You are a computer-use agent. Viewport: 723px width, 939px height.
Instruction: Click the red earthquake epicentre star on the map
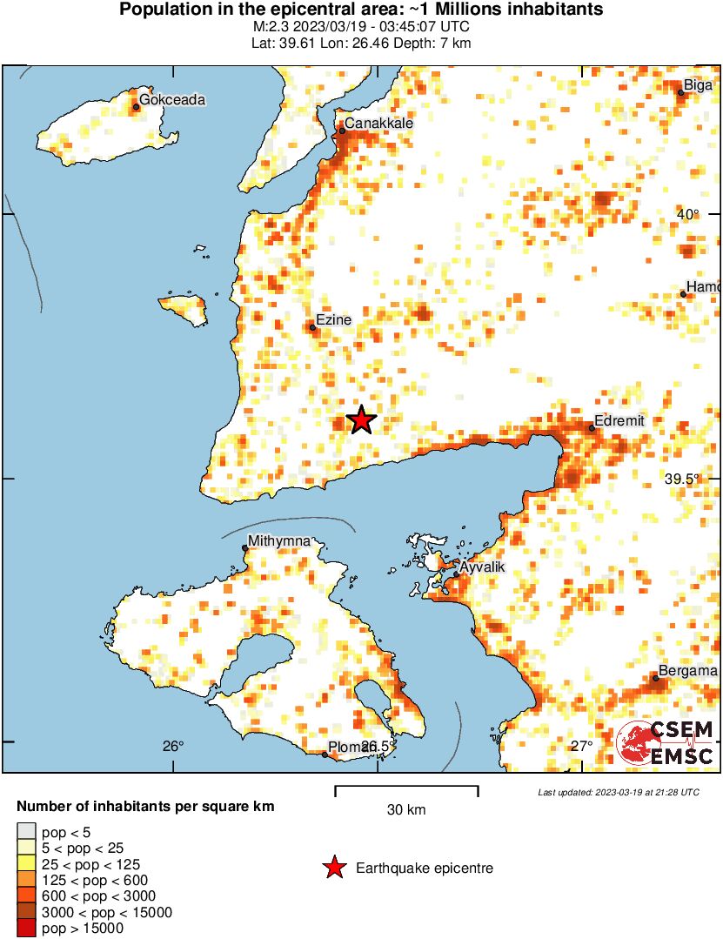point(361,420)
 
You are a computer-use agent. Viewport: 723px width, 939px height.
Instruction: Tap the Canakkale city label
point(378,124)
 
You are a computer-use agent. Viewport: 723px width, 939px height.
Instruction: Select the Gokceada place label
point(172,100)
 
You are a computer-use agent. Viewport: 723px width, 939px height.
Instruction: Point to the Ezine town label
point(333,320)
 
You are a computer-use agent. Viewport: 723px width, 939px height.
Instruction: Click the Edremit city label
point(619,421)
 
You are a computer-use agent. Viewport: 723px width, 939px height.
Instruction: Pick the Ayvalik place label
point(481,567)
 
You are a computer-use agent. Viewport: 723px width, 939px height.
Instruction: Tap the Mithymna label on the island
point(279,541)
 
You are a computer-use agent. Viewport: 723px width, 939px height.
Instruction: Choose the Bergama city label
point(687,671)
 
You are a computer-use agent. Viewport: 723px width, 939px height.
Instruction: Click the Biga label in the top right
point(698,85)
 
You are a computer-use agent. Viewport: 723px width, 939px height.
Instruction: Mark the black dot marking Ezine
point(312,327)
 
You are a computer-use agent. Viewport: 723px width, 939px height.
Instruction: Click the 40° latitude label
point(688,215)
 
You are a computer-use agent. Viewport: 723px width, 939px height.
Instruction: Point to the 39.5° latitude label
point(682,479)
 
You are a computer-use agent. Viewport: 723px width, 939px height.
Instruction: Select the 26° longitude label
point(173,746)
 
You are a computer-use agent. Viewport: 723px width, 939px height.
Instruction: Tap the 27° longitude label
point(581,746)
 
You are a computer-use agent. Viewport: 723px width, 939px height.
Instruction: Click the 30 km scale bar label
point(406,810)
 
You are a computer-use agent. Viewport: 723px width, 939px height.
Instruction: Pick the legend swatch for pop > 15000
point(26,929)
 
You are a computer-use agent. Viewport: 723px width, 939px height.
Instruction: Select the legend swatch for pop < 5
point(26,833)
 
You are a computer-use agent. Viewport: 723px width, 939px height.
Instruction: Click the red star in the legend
point(333,868)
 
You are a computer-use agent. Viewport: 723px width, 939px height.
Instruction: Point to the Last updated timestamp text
point(618,793)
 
